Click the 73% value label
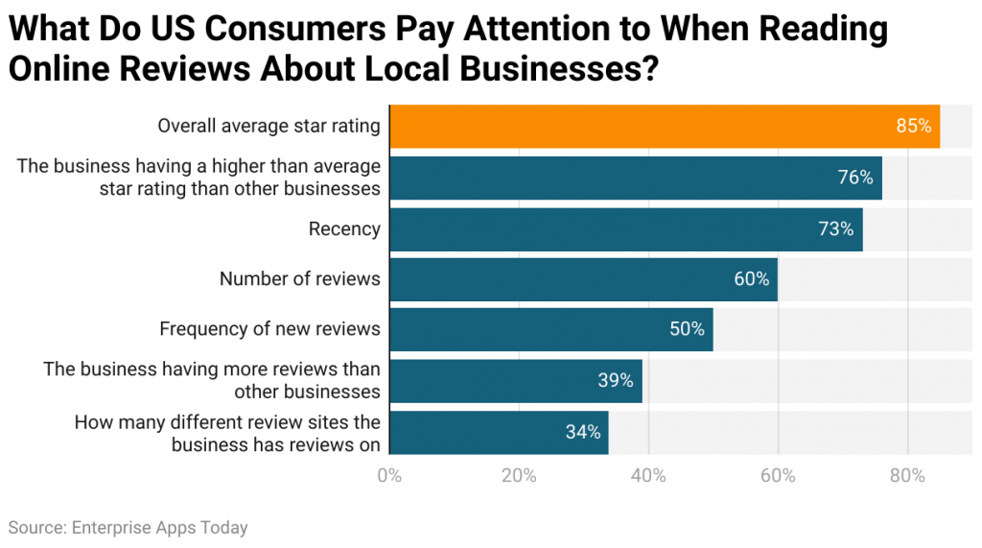(x=834, y=229)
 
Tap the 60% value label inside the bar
(x=751, y=279)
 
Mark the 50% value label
(x=687, y=329)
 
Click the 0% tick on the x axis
(x=389, y=476)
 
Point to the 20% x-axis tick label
(x=519, y=476)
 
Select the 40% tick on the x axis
(x=648, y=476)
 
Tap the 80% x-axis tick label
(x=907, y=476)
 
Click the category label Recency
(x=344, y=229)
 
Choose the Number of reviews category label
(x=299, y=279)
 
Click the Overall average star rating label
(x=269, y=127)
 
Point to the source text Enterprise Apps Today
(x=158, y=528)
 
